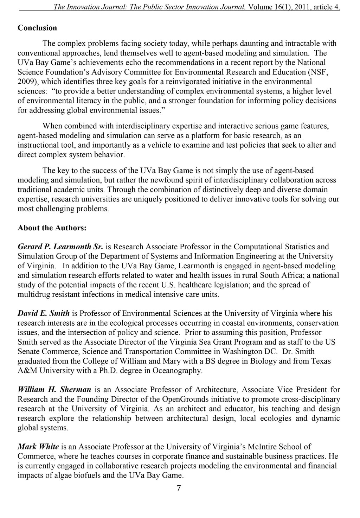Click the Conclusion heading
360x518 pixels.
37,28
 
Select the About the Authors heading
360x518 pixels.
52,228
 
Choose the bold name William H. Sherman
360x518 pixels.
54,389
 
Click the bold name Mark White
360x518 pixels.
38,447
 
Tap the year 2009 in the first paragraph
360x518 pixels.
26,82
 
